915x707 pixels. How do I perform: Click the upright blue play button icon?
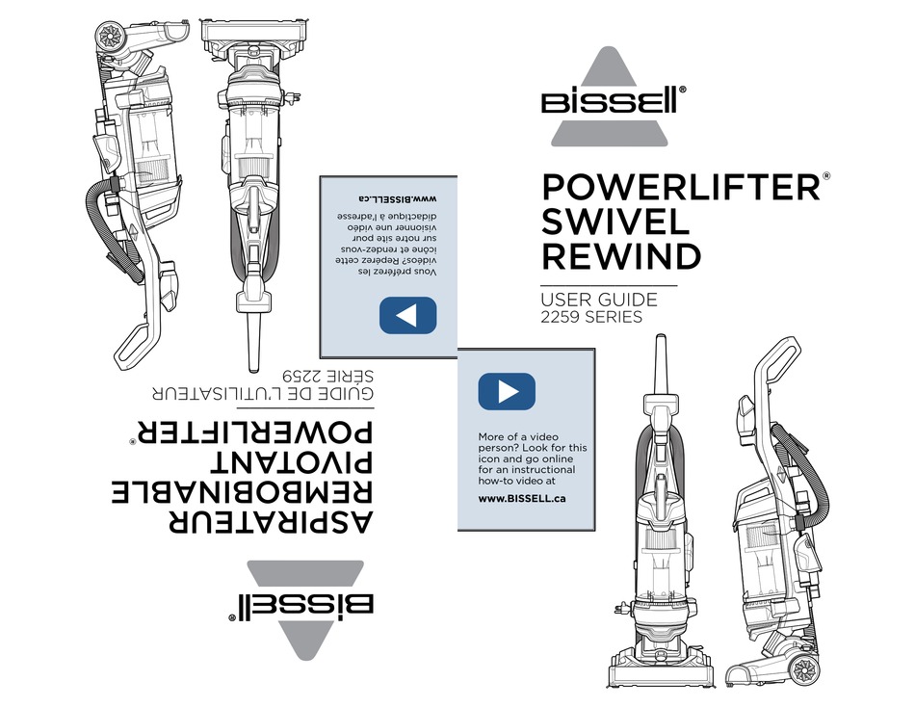tap(507, 391)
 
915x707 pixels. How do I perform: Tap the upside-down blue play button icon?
tap(408, 315)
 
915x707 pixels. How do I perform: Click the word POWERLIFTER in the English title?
tap(682, 187)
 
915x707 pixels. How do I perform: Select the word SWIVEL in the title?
tap(616, 222)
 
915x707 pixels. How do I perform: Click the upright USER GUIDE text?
tap(599, 300)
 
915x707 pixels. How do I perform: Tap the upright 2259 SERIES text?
tap(591, 317)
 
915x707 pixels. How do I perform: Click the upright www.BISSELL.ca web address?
tap(522, 499)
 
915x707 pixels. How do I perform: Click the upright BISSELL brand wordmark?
tap(610, 101)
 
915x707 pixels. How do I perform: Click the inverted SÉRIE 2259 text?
tap(327, 376)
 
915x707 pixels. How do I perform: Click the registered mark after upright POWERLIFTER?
tap(825, 175)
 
